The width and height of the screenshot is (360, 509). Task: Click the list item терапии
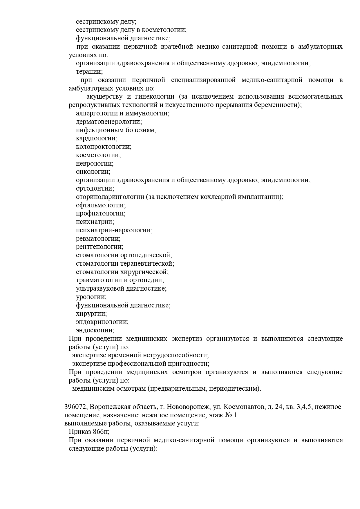pos(89,71)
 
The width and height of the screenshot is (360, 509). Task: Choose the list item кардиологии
pos(97,138)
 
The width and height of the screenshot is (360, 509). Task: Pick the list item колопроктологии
pos(104,147)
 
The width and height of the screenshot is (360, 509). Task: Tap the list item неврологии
pos(95,164)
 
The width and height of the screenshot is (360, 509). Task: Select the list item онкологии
pos(93,172)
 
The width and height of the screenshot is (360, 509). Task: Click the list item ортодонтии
pos(95,189)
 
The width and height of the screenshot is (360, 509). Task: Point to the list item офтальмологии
pos(101,205)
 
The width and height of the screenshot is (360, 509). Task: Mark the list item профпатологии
pos(101,214)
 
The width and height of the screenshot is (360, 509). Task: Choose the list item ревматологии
pos(98,239)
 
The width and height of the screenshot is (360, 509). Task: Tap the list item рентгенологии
pos(100,247)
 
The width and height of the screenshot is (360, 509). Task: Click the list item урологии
pos(91,297)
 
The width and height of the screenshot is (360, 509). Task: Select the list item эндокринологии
pos(102,322)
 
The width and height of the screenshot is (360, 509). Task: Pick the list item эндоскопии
pos(95,331)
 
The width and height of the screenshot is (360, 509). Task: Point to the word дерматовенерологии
pos(109,122)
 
